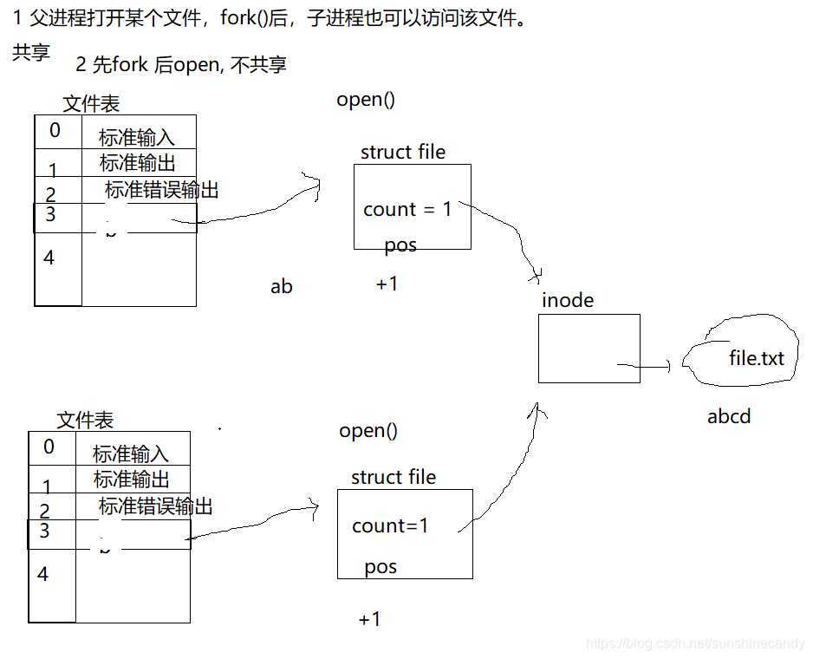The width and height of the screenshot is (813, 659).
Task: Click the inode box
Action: pos(589,348)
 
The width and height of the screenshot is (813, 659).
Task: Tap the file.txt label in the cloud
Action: pos(756,357)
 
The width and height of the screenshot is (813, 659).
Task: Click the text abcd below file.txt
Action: pos(728,416)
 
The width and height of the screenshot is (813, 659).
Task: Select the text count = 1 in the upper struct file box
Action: pos(407,209)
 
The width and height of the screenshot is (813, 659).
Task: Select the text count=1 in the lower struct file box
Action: pos(390,525)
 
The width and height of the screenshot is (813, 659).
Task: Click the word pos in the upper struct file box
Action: pos(400,245)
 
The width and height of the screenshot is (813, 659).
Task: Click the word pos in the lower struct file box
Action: pos(380,567)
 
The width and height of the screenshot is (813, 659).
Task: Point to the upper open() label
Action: pos(366,99)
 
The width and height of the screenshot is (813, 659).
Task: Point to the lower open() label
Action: pos(368,430)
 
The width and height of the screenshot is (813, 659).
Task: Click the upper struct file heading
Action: pos(403,152)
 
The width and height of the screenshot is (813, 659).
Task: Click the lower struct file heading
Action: pos(393,477)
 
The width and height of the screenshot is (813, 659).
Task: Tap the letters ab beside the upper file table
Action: pos(282,286)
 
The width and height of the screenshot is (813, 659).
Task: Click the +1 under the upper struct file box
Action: pos(387,284)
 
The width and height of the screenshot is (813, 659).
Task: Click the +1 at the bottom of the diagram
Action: pos(369,619)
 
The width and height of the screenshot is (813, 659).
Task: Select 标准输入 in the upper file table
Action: pos(137,137)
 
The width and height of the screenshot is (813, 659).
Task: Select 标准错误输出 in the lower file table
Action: pos(156,506)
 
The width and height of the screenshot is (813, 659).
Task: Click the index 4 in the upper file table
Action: pos(49,258)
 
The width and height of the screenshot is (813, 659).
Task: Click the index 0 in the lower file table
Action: pos(49,447)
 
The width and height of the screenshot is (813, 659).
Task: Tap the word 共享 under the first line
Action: pos(31,53)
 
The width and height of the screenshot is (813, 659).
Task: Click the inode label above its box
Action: pos(568,300)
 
